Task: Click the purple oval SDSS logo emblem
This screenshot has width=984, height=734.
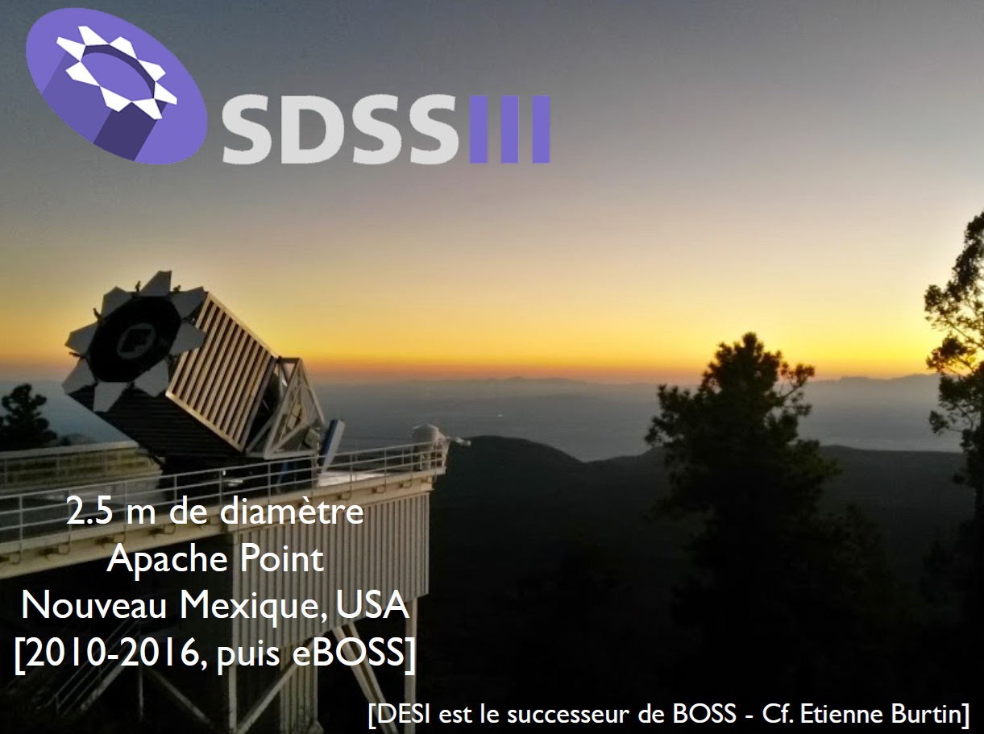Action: click(116, 85)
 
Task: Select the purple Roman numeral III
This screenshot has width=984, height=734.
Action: click(509, 129)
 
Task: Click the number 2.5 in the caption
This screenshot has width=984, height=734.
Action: click(89, 512)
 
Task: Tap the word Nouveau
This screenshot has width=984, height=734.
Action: click(94, 606)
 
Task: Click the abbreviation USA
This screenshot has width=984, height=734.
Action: click(373, 605)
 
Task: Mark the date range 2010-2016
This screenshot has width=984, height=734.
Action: click(114, 653)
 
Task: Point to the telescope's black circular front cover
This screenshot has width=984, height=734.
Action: click(135, 342)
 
